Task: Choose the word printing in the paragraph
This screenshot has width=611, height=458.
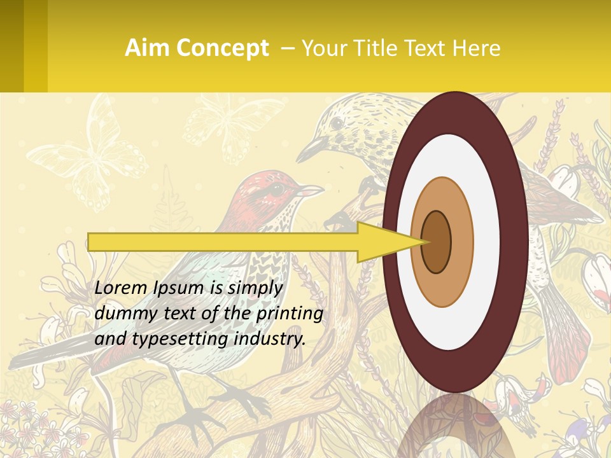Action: point(290,313)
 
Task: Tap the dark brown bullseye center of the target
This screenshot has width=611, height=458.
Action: point(436,242)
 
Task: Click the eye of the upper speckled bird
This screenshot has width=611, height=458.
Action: point(336,123)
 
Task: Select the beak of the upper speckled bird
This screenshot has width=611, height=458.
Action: point(309,151)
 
